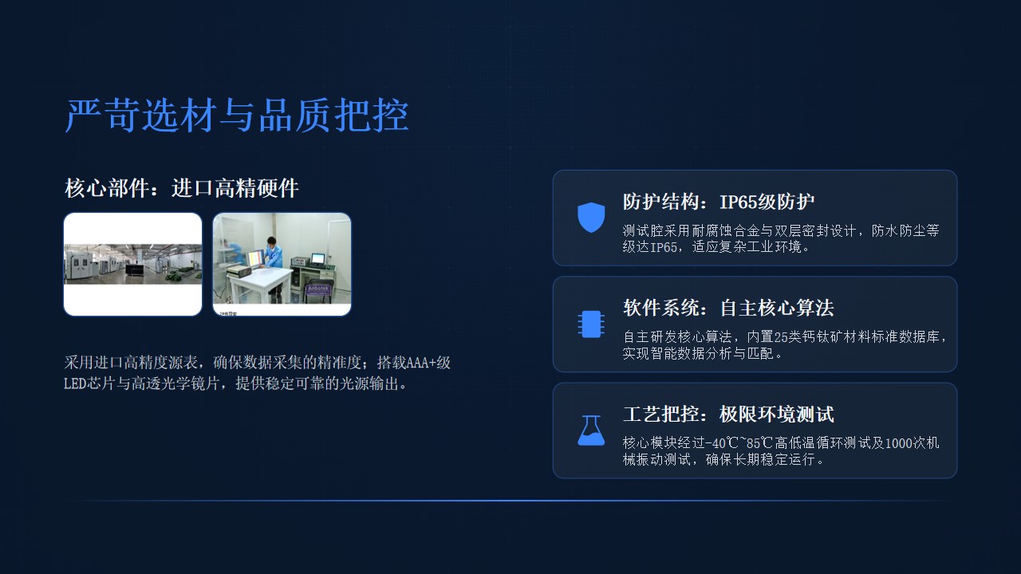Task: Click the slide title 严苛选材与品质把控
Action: (237, 116)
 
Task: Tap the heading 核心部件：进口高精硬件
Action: (181, 188)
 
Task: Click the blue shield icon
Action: (591, 218)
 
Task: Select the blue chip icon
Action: (591, 324)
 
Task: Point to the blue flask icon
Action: (591, 430)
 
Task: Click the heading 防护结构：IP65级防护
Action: (719, 202)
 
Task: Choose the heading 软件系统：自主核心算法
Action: (728, 308)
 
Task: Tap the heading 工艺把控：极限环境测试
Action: (728, 414)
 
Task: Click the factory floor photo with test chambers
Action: (132, 264)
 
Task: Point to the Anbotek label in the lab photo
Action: (317, 289)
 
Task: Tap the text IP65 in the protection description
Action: (663, 247)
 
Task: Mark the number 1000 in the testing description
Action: (898, 443)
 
